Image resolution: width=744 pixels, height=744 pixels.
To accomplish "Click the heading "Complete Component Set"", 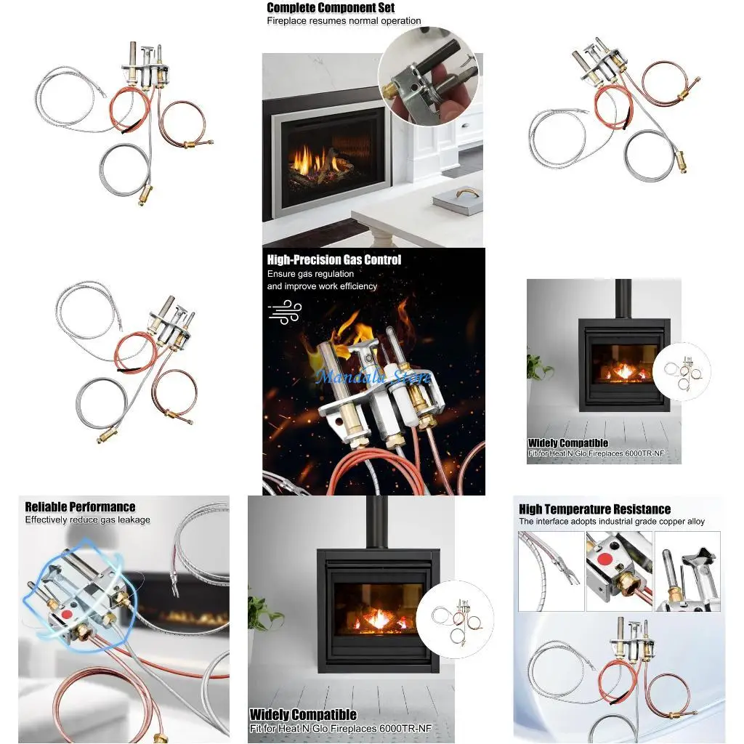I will (x=331, y=8).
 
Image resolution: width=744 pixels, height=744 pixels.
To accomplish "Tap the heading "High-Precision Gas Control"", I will (x=333, y=259).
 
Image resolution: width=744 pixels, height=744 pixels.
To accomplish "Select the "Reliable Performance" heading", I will (x=80, y=507).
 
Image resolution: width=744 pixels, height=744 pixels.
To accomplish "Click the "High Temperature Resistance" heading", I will (x=594, y=509).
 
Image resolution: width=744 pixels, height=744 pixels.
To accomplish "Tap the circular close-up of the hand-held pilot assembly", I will (x=428, y=76).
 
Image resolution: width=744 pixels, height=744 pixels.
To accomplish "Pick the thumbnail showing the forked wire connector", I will (x=551, y=571).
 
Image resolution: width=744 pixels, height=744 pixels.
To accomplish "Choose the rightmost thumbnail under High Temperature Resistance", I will (x=687, y=571).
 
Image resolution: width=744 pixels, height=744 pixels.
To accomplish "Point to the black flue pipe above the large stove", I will (x=376, y=522).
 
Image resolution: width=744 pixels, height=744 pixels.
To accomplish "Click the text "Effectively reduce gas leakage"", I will (x=87, y=519).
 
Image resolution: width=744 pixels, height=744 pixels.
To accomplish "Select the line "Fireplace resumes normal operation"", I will (x=344, y=21).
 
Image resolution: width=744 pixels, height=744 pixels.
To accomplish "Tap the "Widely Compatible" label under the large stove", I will (x=303, y=715).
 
